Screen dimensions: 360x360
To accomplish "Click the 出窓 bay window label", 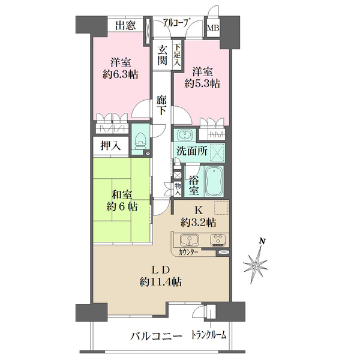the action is click(x=125, y=25).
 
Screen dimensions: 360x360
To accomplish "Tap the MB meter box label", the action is click(x=213, y=28).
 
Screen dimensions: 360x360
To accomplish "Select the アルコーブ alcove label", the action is click(x=177, y=23).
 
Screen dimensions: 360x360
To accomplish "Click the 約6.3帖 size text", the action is click(x=121, y=74).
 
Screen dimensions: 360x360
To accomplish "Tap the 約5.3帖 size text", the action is click(x=202, y=83).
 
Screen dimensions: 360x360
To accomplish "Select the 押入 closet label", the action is click(x=110, y=145).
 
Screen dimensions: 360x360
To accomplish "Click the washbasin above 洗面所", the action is click(x=185, y=135).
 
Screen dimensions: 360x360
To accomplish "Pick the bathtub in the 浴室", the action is click(x=214, y=181).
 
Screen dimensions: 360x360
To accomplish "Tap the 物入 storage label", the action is click(x=178, y=190).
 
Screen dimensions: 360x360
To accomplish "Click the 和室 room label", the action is click(x=122, y=195).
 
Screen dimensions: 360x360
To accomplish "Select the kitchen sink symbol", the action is click(x=190, y=240).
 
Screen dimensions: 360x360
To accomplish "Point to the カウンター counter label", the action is click(x=188, y=253).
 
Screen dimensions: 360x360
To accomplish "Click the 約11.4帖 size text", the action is click(x=161, y=282).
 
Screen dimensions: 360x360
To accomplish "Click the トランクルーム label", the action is click(x=209, y=335).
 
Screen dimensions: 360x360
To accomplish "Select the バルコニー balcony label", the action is click(x=156, y=337).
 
